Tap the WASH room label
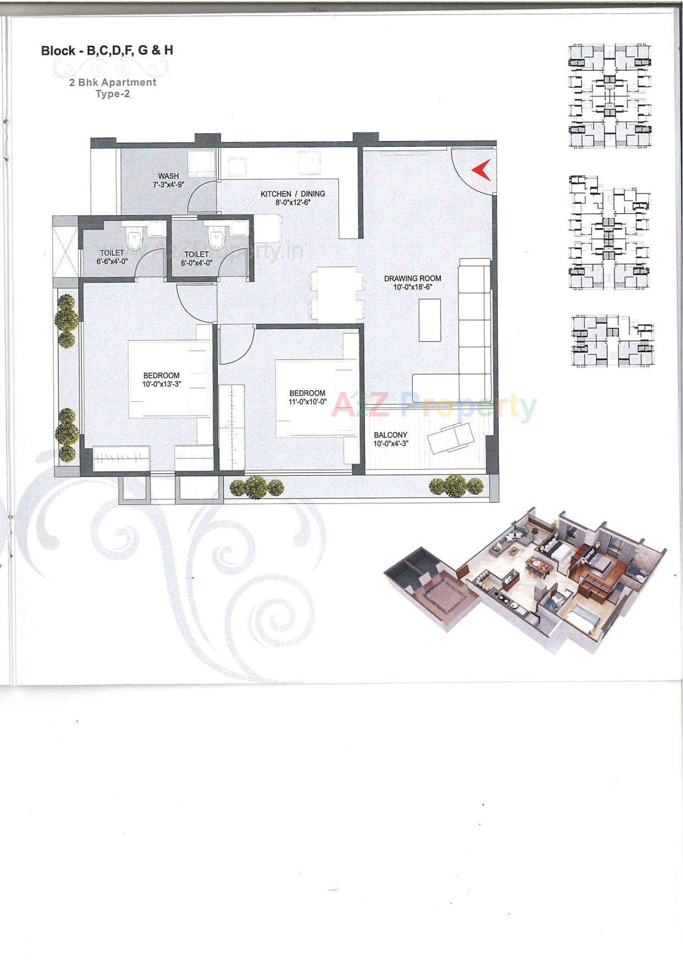[169, 176]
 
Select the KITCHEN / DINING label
[293, 194]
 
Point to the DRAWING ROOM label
[412, 278]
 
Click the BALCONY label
[390, 435]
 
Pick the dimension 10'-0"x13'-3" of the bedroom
[161, 384]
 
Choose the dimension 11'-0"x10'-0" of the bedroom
[307, 401]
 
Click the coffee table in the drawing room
[430, 320]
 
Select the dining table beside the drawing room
[337, 294]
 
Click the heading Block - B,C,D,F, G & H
[107, 51]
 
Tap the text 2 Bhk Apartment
[113, 82]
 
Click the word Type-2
[113, 94]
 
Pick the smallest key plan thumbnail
[612, 340]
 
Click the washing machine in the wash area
[202, 162]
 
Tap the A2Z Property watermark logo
[433, 405]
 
